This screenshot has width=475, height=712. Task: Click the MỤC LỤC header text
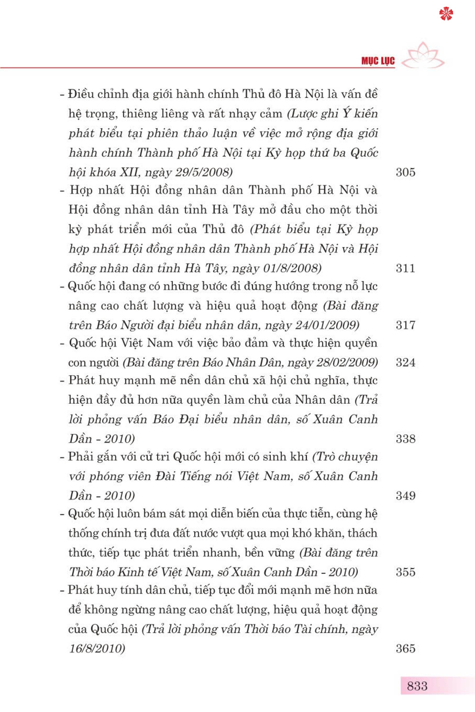tap(378, 61)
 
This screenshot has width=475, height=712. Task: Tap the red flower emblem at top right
tap(446, 14)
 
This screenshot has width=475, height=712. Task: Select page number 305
tap(405, 172)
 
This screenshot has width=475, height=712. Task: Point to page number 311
tap(405, 268)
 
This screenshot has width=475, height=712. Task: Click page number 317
tap(405, 325)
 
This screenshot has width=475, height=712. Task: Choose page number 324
tap(405, 363)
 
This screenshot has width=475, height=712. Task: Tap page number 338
tap(405, 439)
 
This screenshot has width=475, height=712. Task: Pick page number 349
tap(405, 496)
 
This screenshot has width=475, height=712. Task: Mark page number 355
tap(405, 572)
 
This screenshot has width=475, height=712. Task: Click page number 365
tap(405, 649)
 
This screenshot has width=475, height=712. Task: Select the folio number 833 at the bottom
tap(417, 686)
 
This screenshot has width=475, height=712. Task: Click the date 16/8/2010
tap(96, 649)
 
